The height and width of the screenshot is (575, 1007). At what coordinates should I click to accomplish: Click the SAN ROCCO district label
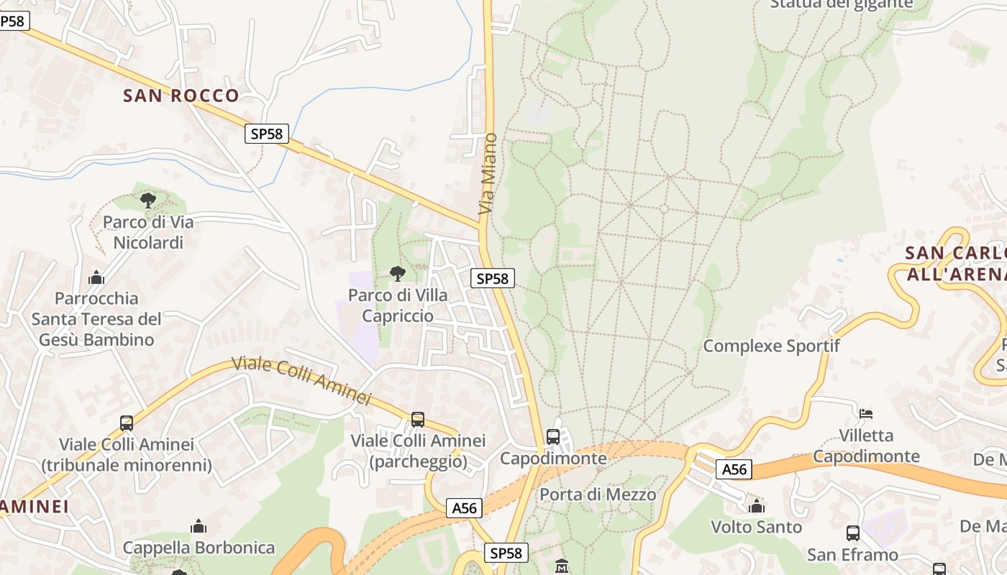pyautogui.click(x=181, y=96)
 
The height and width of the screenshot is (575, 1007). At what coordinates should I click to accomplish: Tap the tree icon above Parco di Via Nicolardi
pyautogui.click(x=148, y=200)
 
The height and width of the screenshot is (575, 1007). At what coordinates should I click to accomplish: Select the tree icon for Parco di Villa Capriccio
pyautogui.click(x=397, y=273)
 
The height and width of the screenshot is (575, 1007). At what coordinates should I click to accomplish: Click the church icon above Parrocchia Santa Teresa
pyautogui.click(x=96, y=277)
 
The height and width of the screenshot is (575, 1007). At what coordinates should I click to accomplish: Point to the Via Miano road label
pyautogui.click(x=488, y=174)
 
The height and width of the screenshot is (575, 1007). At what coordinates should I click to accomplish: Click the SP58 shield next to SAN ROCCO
pyautogui.click(x=267, y=133)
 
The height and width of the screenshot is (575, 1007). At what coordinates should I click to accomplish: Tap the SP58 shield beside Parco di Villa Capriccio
pyautogui.click(x=493, y=278)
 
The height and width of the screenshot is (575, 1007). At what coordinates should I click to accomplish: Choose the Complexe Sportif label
pyautogui.click(x=771, y=346)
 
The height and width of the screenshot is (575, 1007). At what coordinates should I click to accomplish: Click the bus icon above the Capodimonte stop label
pyautogui.click(x=553, y=436)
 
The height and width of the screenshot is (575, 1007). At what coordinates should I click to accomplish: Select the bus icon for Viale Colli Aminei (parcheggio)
pyautogui.click(x=418, y=420)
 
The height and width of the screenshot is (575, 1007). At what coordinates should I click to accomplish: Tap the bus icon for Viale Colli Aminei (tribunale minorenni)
pyautogui.click(x=127, y=423)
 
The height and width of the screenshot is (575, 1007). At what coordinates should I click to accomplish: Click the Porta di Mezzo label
pyautogui.click(x=598, y=494)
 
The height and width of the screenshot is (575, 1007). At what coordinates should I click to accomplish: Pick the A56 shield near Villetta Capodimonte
pyautogui.click(x=734, y=469)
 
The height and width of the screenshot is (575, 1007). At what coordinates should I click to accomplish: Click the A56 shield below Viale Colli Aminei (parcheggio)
pyautogui.click(x=464, y=508)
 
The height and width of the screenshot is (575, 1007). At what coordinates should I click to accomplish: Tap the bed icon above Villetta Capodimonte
pyautogui.click(x=866, y=414)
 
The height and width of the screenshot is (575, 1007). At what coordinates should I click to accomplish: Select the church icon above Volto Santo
pyautogui.click(x=756, y=507)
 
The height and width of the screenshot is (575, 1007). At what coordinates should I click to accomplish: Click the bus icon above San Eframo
pyautogui.click(x=853, y=533)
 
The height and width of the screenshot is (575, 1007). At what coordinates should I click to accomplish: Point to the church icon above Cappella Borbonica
pyautogui.click(x=199, y=527)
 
